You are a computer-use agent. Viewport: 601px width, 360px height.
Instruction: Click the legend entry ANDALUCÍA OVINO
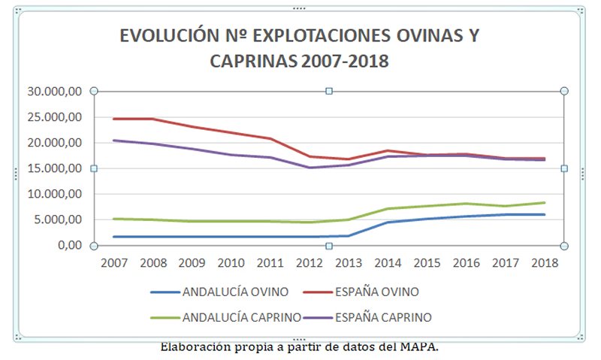click(x=233, y=292)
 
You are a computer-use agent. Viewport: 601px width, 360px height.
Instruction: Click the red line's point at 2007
click(x=114, y=119)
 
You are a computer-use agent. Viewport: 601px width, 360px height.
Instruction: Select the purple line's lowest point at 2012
click(x=310, y=168)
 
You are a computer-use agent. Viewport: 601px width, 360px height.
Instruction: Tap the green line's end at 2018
click(x=544, y=202)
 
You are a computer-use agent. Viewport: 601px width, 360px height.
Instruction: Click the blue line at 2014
click(x=388, y=222)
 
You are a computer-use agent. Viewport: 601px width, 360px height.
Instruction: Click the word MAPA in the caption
click(x=420, y=347)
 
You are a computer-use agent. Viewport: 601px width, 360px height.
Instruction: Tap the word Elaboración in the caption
click(x=196, y=347)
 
